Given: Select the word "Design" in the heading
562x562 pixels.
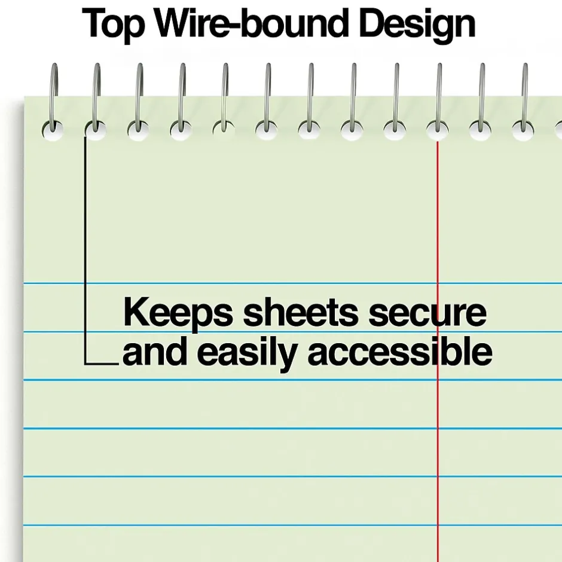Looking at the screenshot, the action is (417, 25).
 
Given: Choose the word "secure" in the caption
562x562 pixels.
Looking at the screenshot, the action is (427, 313).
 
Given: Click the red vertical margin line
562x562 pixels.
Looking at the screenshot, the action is (437, 352).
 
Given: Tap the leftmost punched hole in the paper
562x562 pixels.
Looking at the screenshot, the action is (53, 130).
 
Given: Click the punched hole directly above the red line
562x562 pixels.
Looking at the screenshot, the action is (437, 130).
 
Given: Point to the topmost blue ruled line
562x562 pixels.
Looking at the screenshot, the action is (292, 283).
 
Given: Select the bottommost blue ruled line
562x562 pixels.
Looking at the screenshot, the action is (292, 526).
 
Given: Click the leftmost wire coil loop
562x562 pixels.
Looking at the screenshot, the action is (53, 97).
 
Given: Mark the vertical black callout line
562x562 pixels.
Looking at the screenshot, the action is (85, 251).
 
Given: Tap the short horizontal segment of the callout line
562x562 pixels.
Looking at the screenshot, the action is (102, 364).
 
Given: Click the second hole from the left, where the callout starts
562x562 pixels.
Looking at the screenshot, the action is (96, 130).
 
